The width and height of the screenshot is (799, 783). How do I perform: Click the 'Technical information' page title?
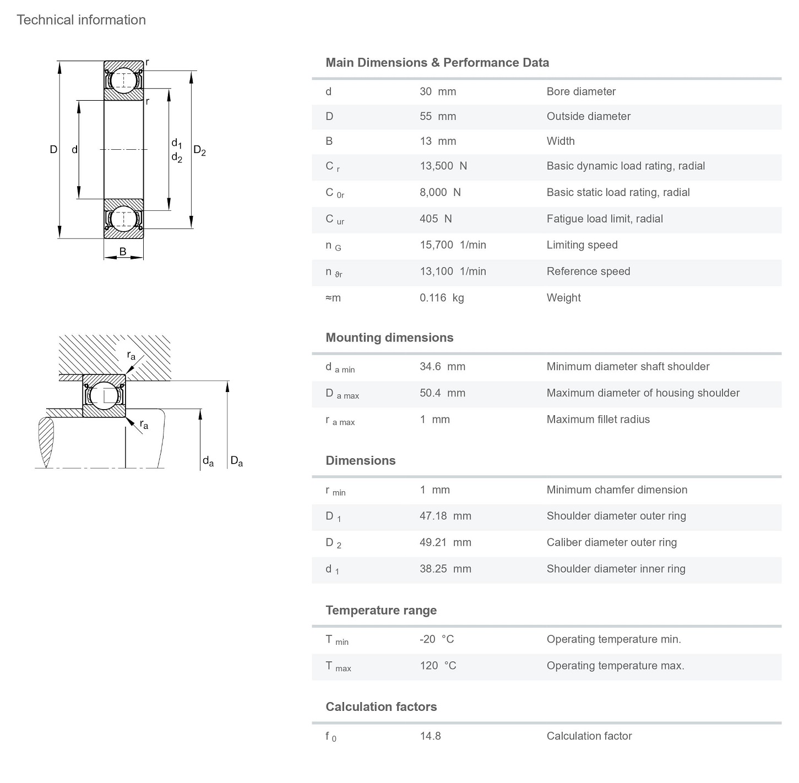pyautogui.click(x=81, y=20)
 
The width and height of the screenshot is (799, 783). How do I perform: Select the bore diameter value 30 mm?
pyautogui.click(x=438, y=91)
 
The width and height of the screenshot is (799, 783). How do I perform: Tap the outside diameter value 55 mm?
pyautogui.click(x=438, y=116)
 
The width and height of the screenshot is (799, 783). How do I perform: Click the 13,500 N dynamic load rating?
pyautogui.click(x=443, y=166)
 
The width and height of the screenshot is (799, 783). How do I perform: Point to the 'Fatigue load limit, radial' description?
pyautogui.click(x=605, y=219)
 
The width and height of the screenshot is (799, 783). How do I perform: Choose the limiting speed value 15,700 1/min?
pyautogui.click(x=453, y=245)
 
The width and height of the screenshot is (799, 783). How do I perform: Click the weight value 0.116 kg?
pyautogui.click(x=442, y=298)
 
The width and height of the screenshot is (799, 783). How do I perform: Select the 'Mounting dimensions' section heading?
pyautogui.click(x=389, y=338)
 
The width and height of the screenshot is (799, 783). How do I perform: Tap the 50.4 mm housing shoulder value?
pyautogui.click(x=442, y=393)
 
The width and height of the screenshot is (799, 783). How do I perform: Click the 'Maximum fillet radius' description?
pyautogui.click(x=598, y=420)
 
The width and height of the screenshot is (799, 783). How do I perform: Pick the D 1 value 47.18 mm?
pyautogui.click(x=445, y=516)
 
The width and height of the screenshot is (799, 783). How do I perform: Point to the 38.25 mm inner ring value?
pyautogui.click(x=445, y=569)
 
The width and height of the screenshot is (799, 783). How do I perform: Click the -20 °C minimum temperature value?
pyautogui.click(x=437, y=639)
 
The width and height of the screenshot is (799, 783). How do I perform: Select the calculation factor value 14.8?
pyautogui.click(x=430, y=736)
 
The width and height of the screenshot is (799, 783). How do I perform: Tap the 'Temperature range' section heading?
pyautogui.click(x=381, y=610)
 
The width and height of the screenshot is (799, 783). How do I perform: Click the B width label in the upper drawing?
pyautogui.click(x=123, y=252)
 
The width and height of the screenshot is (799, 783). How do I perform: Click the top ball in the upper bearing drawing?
pyautogui.click(x=123, y=80)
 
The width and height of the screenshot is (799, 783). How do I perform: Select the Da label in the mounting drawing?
pyautogui.click(x=236, y=461)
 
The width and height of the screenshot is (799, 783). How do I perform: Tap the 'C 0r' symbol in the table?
pyautogui.click(x=335, y=193)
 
